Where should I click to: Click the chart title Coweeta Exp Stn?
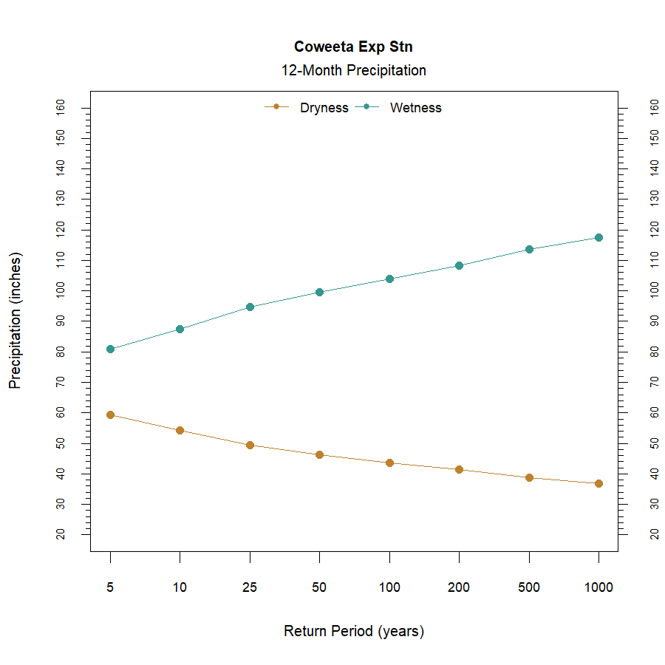click(353, 47)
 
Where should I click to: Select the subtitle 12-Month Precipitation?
click(353, 71)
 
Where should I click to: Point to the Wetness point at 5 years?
click(110, 349)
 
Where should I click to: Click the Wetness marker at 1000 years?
click(598, 237)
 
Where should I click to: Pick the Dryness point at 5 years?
click(110, 415)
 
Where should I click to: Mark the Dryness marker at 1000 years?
click(598, 483)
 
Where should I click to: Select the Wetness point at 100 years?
click(389, 279)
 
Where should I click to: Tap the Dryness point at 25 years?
click(250, 445)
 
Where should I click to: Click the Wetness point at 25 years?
click(250, 307)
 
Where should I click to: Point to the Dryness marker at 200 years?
click(459, 469)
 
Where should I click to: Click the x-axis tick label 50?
click(319, 588)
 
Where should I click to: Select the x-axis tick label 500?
click(529, 588)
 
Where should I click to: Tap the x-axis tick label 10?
click(180, 588)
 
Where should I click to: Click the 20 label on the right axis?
click(654, 534)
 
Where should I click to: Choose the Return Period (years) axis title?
click(354, 632)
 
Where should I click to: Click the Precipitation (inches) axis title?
click(16, 321)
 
